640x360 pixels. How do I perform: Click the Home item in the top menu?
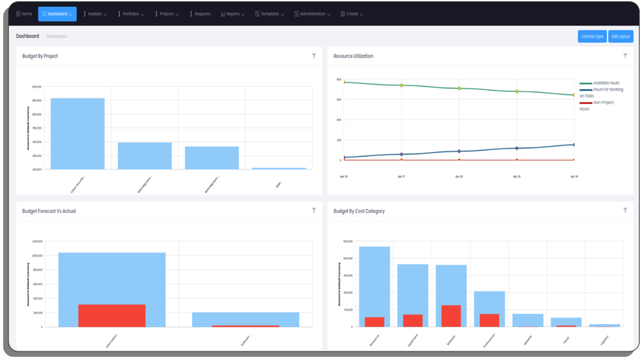click(24, 14)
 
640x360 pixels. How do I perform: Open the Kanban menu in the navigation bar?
click(94, 14)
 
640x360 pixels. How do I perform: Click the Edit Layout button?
click(621, 36)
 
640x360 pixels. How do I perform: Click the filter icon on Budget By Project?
click(314, 56)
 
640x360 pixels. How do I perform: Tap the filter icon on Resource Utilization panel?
click(625, 56)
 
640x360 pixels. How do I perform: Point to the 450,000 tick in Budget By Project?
click(36, 101)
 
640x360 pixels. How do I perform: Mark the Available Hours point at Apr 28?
click(459, 88)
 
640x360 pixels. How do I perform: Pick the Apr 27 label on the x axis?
click(401, 177)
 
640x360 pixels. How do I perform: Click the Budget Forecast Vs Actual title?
click(49, 211)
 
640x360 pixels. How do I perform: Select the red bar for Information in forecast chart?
click(112, 316)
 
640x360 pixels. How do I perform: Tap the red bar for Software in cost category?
click(451, 316)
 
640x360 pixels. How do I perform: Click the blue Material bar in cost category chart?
click(527, 319)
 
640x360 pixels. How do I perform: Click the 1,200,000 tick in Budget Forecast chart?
click(36, 241)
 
